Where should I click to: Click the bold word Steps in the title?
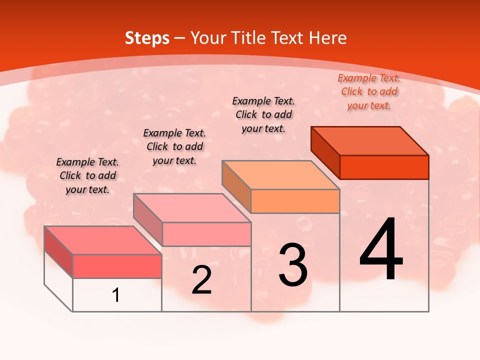point(146,38)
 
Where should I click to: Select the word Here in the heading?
point(327,38)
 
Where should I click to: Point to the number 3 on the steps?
point(293,265)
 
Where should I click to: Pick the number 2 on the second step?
point(202,280)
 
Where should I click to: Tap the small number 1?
point(116,295)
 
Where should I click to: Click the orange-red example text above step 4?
point(369,91)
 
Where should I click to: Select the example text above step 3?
point(263,114)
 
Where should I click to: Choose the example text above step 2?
point(174,146)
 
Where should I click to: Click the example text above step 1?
point(87,175)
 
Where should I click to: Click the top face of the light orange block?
point(280,175)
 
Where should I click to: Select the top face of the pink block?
point(192,208)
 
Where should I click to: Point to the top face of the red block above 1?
point(103,240)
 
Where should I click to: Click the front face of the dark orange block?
point(384,167)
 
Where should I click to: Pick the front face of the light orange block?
point(295,201)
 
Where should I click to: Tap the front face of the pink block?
point(206,234)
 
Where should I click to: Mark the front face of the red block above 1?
point(117,266)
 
